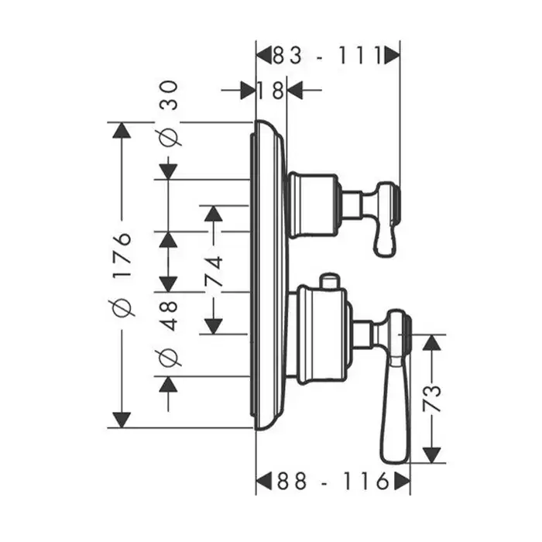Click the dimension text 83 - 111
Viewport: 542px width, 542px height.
[x=328, y=55]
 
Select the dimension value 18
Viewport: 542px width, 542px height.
[x=271, y=91]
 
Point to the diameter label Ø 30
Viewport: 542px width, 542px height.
[x=170, y=112]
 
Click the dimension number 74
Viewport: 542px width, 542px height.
[x=214, y=272]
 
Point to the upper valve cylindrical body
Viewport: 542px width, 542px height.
[x=314, y=205]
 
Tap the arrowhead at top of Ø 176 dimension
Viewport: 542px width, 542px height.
[x=121, y=130]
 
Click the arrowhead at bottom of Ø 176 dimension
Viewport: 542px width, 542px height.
[x=121, y=420]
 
